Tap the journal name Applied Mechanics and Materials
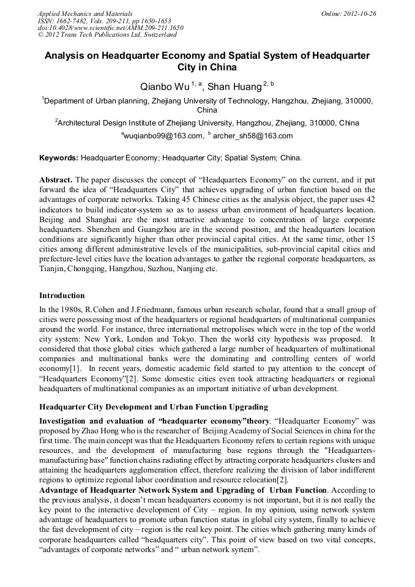click(x=85, y=13)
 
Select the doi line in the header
click(x=110, y=28)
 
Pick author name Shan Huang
click(x=234, y=87)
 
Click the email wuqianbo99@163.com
click(x=163, y=136)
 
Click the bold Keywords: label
click(x=59, y=158)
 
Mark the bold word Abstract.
click(x=56, y=181)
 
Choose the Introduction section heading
click(x=62, y=295)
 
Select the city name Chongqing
click(x=86, y=269)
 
